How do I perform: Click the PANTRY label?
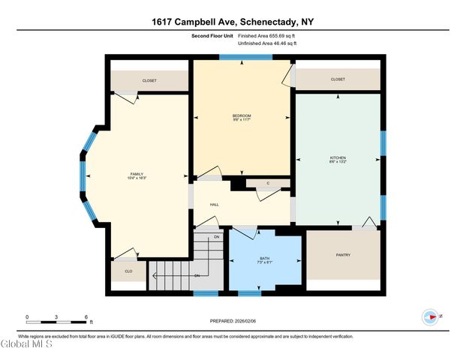pos(343,255)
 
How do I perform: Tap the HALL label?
pos(214,204)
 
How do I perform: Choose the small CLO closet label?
pos(128,271)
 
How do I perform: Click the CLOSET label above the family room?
pos(149,80)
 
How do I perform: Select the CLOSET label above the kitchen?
pos(338,79)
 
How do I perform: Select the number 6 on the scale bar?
pos(86,317)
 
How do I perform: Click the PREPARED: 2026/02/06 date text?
pos(233,321)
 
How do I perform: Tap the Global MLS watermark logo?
pos(26,345)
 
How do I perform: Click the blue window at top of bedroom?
pos(240,57)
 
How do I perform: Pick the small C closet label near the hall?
pos(267,183)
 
